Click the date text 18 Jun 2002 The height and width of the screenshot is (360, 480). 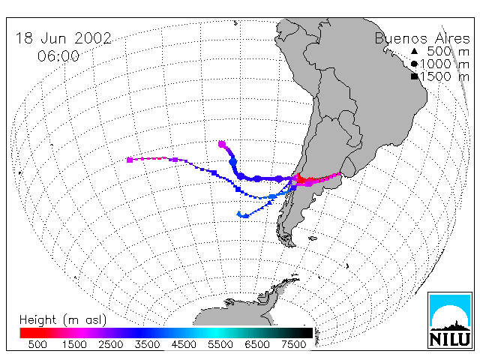tap(63, 38)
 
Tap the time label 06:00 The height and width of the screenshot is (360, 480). tap(58, 56)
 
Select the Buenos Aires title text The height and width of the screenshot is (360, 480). tap(422, 38)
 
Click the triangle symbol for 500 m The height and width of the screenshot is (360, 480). tap(414, 51)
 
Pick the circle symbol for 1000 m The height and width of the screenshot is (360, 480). tap(414, 64)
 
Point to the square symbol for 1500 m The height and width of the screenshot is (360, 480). tap(414, 76)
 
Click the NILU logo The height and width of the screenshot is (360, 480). tap(450, 320)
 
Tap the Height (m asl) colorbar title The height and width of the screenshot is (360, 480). tap(63, 320)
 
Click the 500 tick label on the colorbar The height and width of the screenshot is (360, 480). tap(37, 344)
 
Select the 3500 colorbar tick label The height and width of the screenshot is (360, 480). tap(147, 344)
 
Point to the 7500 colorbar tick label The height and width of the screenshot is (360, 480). tap(294, 344)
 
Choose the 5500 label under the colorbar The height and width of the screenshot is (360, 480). tap(220, 344)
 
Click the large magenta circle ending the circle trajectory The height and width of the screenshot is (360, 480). tap(222, 144)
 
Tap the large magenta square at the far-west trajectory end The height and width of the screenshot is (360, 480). tap(130, 160)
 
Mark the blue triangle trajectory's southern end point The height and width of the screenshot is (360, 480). tap(239, 214)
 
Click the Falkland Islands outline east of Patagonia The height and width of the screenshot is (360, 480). tap(313, 238)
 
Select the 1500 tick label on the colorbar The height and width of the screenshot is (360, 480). tap(74, 344)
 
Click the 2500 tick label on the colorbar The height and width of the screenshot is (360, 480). tap(110, 344)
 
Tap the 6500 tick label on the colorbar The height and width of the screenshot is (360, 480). tap(257, 344)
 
